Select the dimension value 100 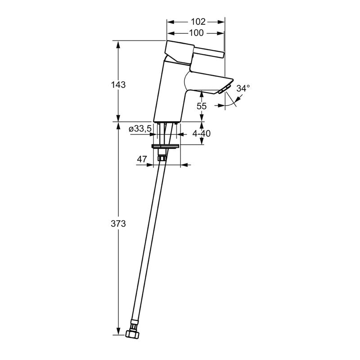[196, 32]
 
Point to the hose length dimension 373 [118, 224]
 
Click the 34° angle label [243, 88]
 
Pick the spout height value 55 [201, 106]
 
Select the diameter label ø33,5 [140, 129]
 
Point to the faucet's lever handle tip [220, 54]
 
